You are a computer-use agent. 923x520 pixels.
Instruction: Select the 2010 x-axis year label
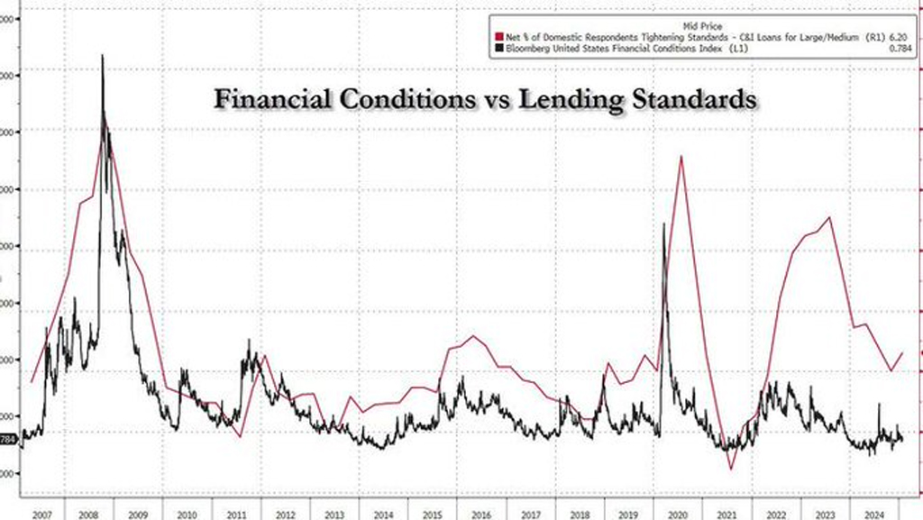(x=187, y=513)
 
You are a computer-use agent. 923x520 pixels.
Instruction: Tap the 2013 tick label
(x=334, y=513)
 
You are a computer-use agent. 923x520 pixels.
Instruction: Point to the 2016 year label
(x=480, y=513)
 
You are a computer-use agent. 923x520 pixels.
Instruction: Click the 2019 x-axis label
(x=627, y=513)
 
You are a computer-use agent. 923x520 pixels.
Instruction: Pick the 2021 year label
(x=725, y=513)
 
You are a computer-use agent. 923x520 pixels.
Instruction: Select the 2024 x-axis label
(x=872, y=513)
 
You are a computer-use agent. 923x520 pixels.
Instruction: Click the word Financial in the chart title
(x=268, y=99)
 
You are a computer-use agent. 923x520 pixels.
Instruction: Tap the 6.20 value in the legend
(x=898, y=38)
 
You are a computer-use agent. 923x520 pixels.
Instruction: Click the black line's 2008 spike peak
(x=102, y=55)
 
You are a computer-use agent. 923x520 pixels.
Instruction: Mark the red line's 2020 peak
(x=681, y=156)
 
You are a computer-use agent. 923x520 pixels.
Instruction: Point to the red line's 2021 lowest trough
(x=731, y=469)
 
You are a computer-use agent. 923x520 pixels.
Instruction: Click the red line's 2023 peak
(x=829, y=217)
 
